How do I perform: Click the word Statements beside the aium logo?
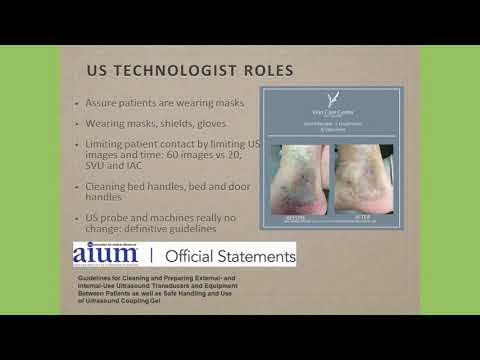pos(260,257)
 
